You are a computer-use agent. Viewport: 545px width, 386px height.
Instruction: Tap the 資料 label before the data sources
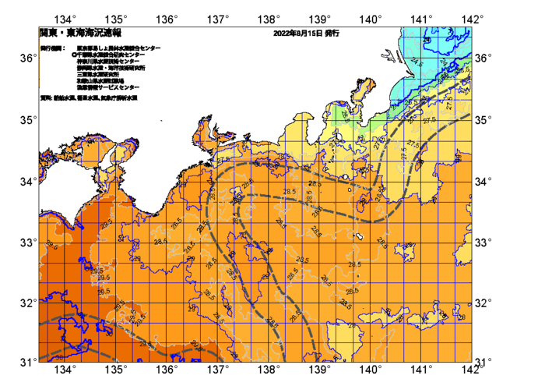[44, 98]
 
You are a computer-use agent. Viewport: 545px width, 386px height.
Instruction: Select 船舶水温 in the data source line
[63, 98]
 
